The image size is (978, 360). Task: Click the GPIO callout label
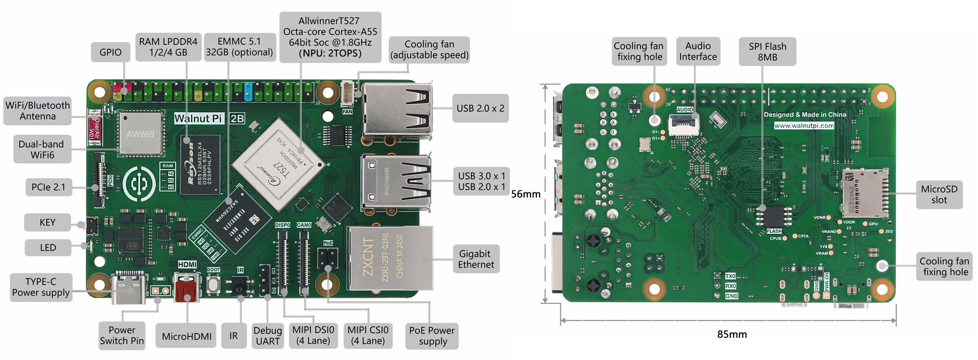coord(110,52)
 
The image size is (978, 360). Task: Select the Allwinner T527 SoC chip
coord(278,164)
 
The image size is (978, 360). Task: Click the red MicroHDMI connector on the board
coord(186,290)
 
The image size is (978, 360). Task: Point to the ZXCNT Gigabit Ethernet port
coord(390,259)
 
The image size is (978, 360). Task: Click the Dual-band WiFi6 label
coord(41,149)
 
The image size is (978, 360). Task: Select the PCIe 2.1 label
coord(48,187)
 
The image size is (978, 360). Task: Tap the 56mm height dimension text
coord(526,194)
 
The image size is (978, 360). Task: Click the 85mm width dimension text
coord(732,335)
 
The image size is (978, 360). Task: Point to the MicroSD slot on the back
coord(865,194)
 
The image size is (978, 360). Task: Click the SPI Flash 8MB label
coord(767,52)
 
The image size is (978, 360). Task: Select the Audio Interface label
coord(697,51)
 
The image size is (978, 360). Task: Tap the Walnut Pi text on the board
coord(199,119)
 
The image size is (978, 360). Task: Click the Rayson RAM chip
coord(201,164)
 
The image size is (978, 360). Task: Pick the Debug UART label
coord(267,336)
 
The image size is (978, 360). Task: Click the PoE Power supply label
coord(432,336)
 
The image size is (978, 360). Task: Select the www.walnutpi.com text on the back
coord(804,125)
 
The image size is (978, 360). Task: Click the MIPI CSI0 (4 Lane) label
coord(368,336)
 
